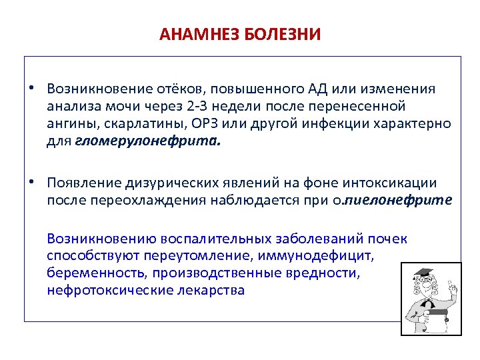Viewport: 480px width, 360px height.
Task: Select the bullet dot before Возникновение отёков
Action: click(x=31, y=89)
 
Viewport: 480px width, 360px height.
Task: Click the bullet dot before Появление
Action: click(x=31, y=183)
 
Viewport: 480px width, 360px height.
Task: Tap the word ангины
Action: click(x=69, y=124)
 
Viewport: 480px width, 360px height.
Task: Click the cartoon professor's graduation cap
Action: click(x=423, y=273)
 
